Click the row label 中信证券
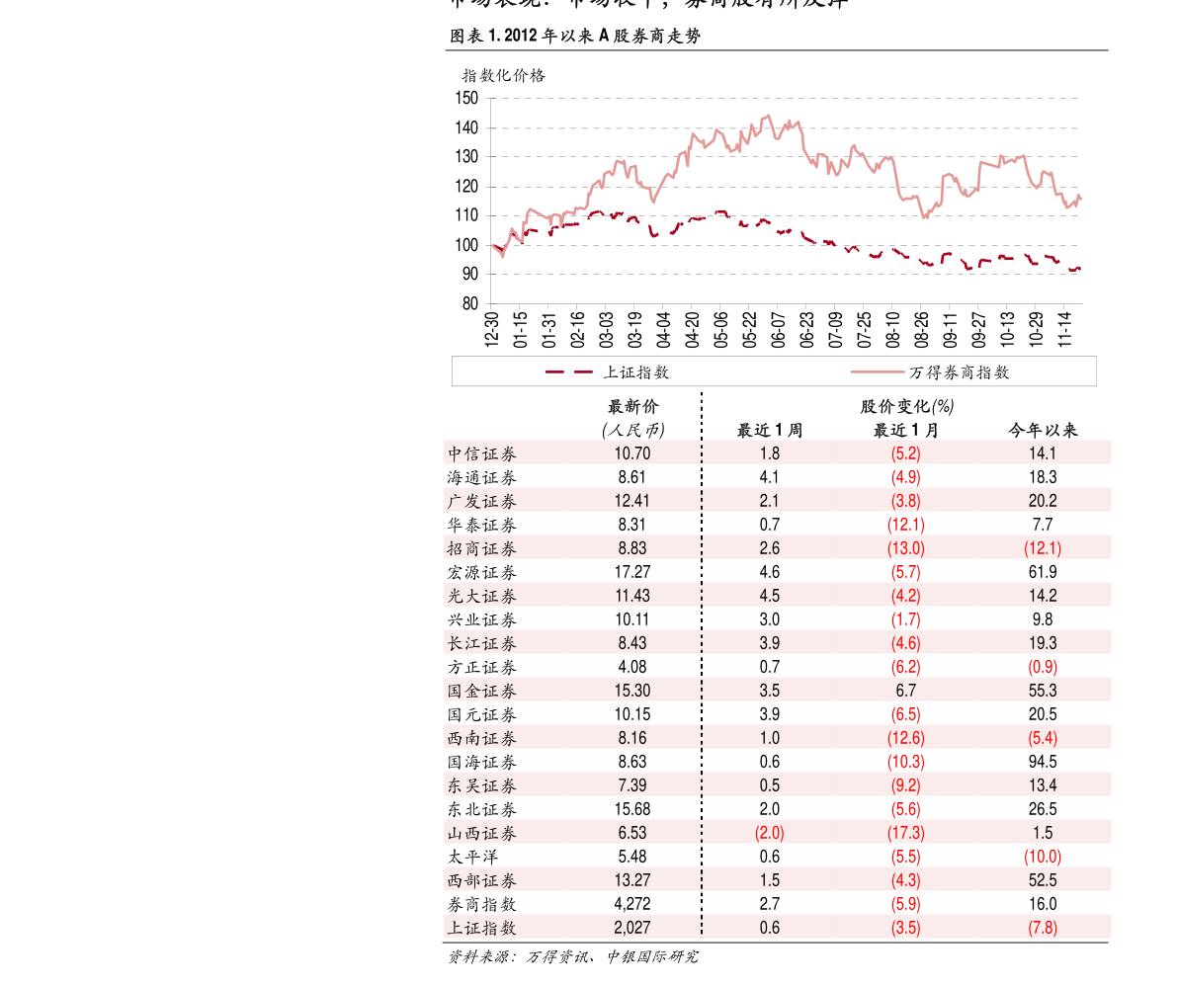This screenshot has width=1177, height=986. click(x=481, y=453)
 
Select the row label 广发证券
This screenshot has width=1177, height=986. click(x=481, y=501)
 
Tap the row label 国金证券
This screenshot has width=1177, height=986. click(x=481, y=691)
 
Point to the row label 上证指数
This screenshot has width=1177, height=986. click(x=481, y=928)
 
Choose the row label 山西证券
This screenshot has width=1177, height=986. click(x=481, y=833)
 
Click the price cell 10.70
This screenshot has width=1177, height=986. click(x=632, y=453)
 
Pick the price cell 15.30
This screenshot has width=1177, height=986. click(x=632, y=691)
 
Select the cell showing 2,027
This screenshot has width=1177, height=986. click(x=632, y=928)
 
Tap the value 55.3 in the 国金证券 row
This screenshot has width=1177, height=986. click(x=1043, y=691)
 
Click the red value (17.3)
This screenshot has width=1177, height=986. click(x=906, y=833)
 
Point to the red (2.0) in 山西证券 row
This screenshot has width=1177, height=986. click(x=770, y=833)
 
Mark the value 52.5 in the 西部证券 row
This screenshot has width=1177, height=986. click(x=1043, y=880)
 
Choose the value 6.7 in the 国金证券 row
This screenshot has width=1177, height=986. click(x=906, y=691)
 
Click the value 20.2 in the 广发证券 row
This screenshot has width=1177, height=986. click(x=1043, y=501)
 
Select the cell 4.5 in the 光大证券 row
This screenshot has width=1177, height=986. click(x=770, y=596)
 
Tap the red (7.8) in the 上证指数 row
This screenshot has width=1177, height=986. click(x=1043, y=928)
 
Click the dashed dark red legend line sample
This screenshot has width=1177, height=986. click(x=569, y=371)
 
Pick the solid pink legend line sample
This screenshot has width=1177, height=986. click(x=878, y=371)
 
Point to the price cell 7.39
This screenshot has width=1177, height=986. click(x=632, y=785)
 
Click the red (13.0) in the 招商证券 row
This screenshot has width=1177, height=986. click(x=906, y=548)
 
